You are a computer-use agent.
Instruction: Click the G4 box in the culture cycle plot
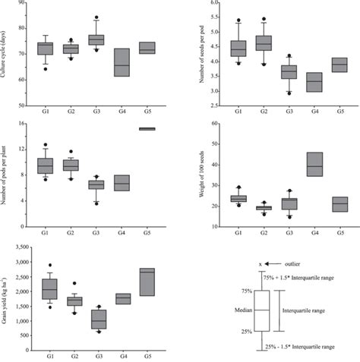pos(122,62)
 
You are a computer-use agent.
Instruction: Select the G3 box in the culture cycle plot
pos(96,39)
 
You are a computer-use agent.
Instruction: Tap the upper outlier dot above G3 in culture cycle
pos(96,17)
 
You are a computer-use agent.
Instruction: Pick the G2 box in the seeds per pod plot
pos(264,42)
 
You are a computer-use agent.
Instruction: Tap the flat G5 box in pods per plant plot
pos(147,129)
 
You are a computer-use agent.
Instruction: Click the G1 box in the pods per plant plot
pos(46,165)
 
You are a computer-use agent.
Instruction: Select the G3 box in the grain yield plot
pos(96,319)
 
